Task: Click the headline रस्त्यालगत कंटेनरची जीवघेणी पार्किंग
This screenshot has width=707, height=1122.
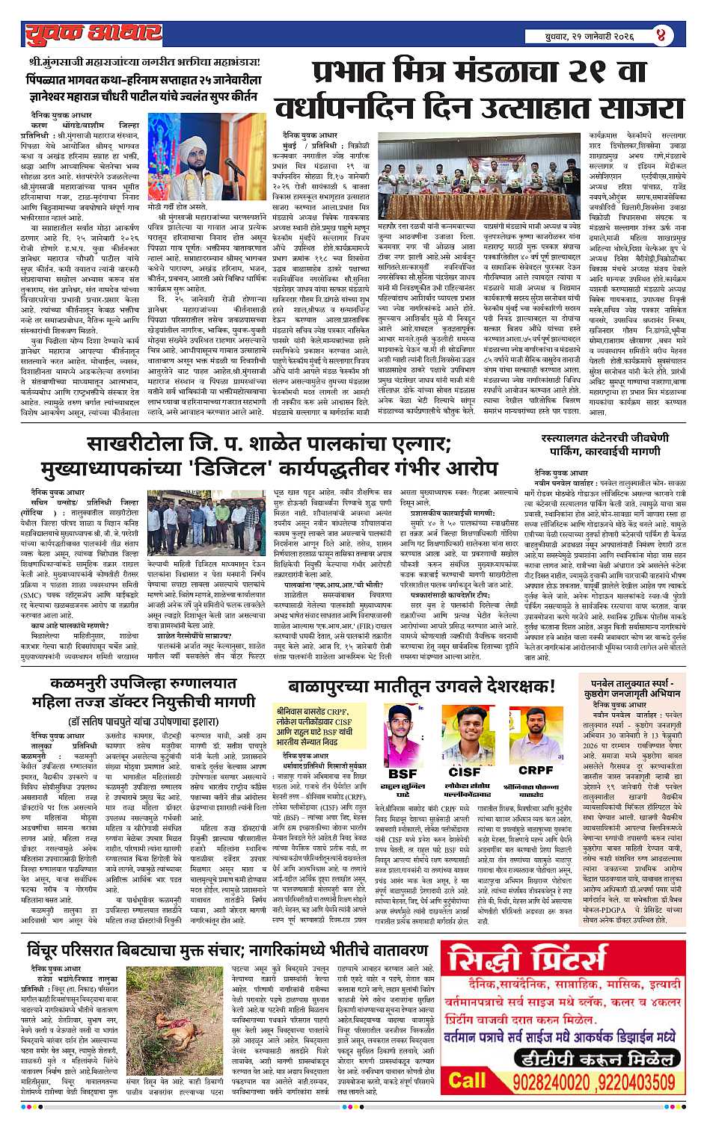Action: point(605,444)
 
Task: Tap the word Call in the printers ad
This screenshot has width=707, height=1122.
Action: point(468,1080)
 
